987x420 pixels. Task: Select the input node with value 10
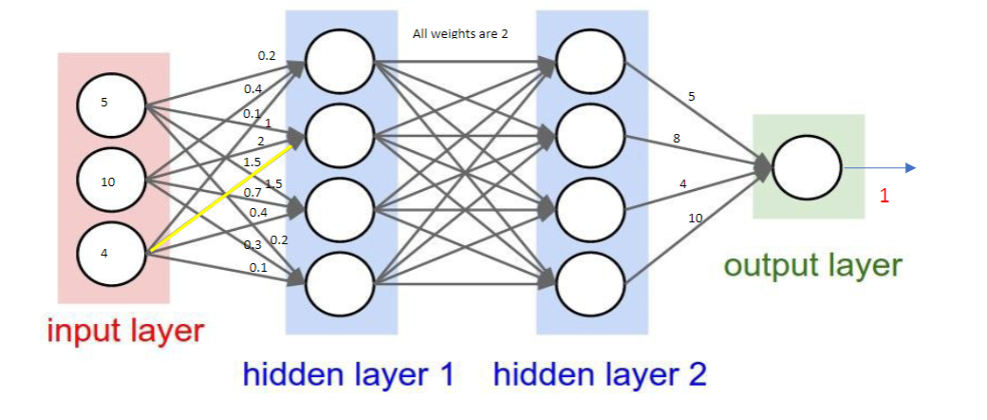(x=111, y=179)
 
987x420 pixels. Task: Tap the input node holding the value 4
(x=111, y=254)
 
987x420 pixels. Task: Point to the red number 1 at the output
(x=884, y=197)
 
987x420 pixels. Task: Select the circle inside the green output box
(x=807, y=168)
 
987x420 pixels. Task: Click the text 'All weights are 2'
(x=460, y=34)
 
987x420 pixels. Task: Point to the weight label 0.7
(x=252, y=193)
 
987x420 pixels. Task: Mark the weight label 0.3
(x=252, y=245)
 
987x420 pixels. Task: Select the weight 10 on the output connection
(x=696, y=219)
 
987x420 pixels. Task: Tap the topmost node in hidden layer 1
(x=341, y=63)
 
